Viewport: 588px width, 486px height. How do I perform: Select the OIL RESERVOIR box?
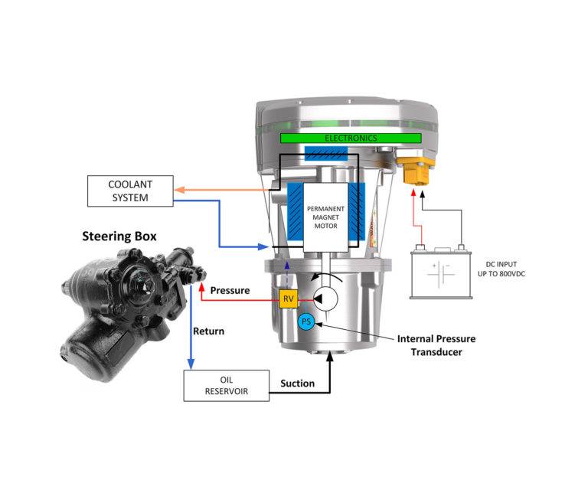pyautogui.click(x=226, y=386)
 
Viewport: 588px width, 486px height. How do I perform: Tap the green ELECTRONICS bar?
pyautogui.click(x=351, y=138)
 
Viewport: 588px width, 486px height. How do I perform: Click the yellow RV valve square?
pyautogui.click(x=288, y=299)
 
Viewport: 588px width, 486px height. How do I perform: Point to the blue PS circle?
pyautogui.click(x=307, y=322)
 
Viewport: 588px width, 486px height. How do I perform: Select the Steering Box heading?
pyautogui.click(x=119, y=236)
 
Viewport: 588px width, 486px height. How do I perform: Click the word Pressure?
pyautogui.click(x=230, y=291)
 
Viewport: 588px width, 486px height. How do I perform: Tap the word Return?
pyautogui.click(x=208, y=331)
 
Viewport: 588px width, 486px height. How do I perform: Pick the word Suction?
pyautogui.click(x=297, y=383)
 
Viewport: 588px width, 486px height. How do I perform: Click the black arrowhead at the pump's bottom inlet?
pyautogui.click(x=331, y=356)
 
